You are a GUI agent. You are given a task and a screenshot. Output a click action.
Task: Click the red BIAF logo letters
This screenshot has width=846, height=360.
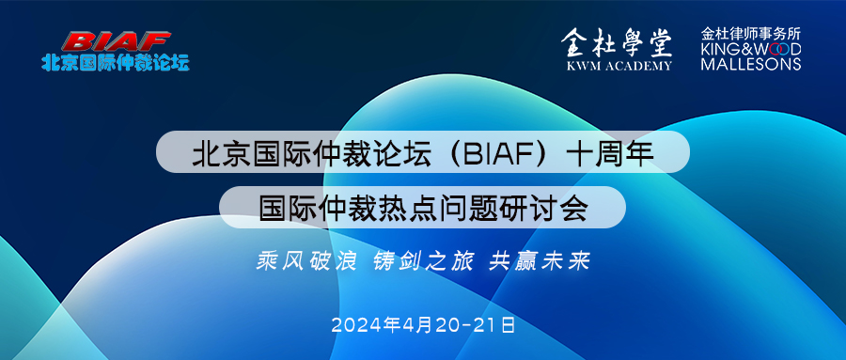[116, 41]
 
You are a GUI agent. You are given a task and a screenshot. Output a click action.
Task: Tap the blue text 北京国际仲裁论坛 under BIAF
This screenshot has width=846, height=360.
[116, 62]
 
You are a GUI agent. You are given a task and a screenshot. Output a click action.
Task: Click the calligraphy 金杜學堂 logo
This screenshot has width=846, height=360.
[617, 43]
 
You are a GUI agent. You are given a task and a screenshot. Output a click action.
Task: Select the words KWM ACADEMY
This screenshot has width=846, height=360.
[619, 66]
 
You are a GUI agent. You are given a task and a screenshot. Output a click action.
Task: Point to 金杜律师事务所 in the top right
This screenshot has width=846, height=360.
[751, 34]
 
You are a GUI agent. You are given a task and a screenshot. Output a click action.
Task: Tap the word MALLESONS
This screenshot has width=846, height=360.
[751, 64]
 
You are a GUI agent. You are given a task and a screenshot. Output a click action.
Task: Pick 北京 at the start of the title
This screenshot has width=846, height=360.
[213, 153]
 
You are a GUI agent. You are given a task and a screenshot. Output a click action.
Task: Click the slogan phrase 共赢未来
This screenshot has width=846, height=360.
[539, 261]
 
